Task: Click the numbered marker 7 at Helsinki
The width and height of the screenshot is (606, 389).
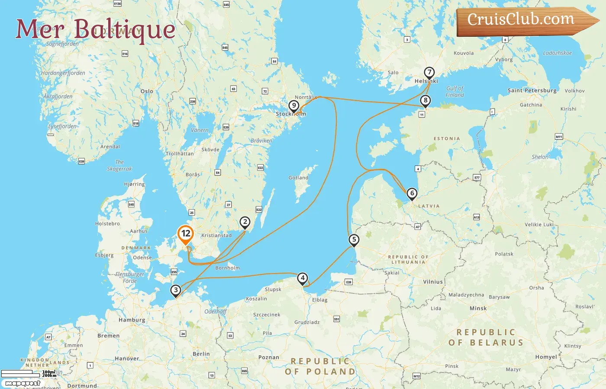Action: (x=429, y=72)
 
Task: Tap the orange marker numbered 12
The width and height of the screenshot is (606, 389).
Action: (x=186, y=234)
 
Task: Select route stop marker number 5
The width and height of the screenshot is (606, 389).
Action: (x=354, y=239)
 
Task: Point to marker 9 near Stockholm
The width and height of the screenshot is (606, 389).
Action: (x=294, y=105)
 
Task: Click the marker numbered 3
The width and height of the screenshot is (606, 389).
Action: (x=175, y=290)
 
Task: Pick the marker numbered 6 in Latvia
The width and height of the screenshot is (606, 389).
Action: (x=412, y=193)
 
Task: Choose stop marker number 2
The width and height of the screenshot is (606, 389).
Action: (x=245, y=222)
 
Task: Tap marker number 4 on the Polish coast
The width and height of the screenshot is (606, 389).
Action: (x=303, y=278)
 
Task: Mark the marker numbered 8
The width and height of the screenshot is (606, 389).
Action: (x=425, y=101)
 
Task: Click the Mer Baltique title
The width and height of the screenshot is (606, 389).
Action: (x=96, y=29)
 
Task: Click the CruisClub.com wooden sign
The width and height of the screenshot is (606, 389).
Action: (x=524, y=20)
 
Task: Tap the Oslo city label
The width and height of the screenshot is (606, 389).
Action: (x=147, y=91)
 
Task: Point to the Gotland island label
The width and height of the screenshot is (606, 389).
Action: (x=298, y=178)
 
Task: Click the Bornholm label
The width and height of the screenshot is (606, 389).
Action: (x=227, y=268)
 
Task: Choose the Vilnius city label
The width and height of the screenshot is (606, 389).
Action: (x=433, y=282)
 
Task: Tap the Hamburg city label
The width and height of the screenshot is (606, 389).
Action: (x=132, y=320)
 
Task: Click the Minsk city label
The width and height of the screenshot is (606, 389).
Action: (x=478, y=309)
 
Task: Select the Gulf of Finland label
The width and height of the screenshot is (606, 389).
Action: (x=455, y=92)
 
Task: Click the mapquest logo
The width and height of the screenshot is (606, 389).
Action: (x=23, y=383)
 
